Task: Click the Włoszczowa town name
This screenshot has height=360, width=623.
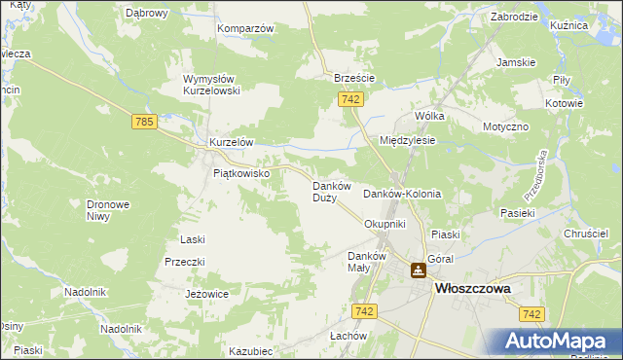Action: coord(474,288)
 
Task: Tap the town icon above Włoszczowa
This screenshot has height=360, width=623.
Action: coord(418,270)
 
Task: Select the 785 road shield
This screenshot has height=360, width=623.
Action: coord(144,122)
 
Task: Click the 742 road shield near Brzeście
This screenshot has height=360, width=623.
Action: coord(352,99)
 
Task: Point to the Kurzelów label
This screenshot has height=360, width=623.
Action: coord(231,142)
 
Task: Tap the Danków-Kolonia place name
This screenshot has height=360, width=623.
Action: coord(401,194)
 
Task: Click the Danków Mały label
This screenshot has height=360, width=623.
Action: coord(367,262)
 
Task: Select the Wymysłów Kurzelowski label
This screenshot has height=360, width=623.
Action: coord(218,84)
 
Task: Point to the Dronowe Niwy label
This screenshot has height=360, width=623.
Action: coord(108,210)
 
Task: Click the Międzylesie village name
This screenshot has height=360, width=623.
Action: coord(407,140)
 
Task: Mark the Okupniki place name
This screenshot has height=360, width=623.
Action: coord(384,224)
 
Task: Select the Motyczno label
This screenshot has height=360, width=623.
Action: coord(505,126)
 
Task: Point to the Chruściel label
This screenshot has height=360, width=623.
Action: coord(586,234)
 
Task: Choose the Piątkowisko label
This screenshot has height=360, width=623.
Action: coord(248,173)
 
